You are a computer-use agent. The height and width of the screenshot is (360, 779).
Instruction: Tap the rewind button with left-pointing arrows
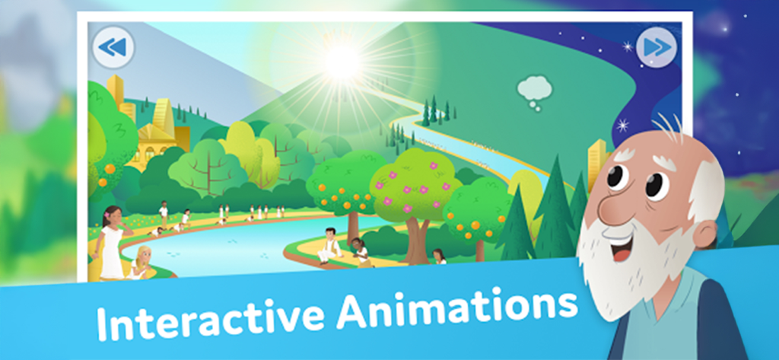[113, 48]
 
